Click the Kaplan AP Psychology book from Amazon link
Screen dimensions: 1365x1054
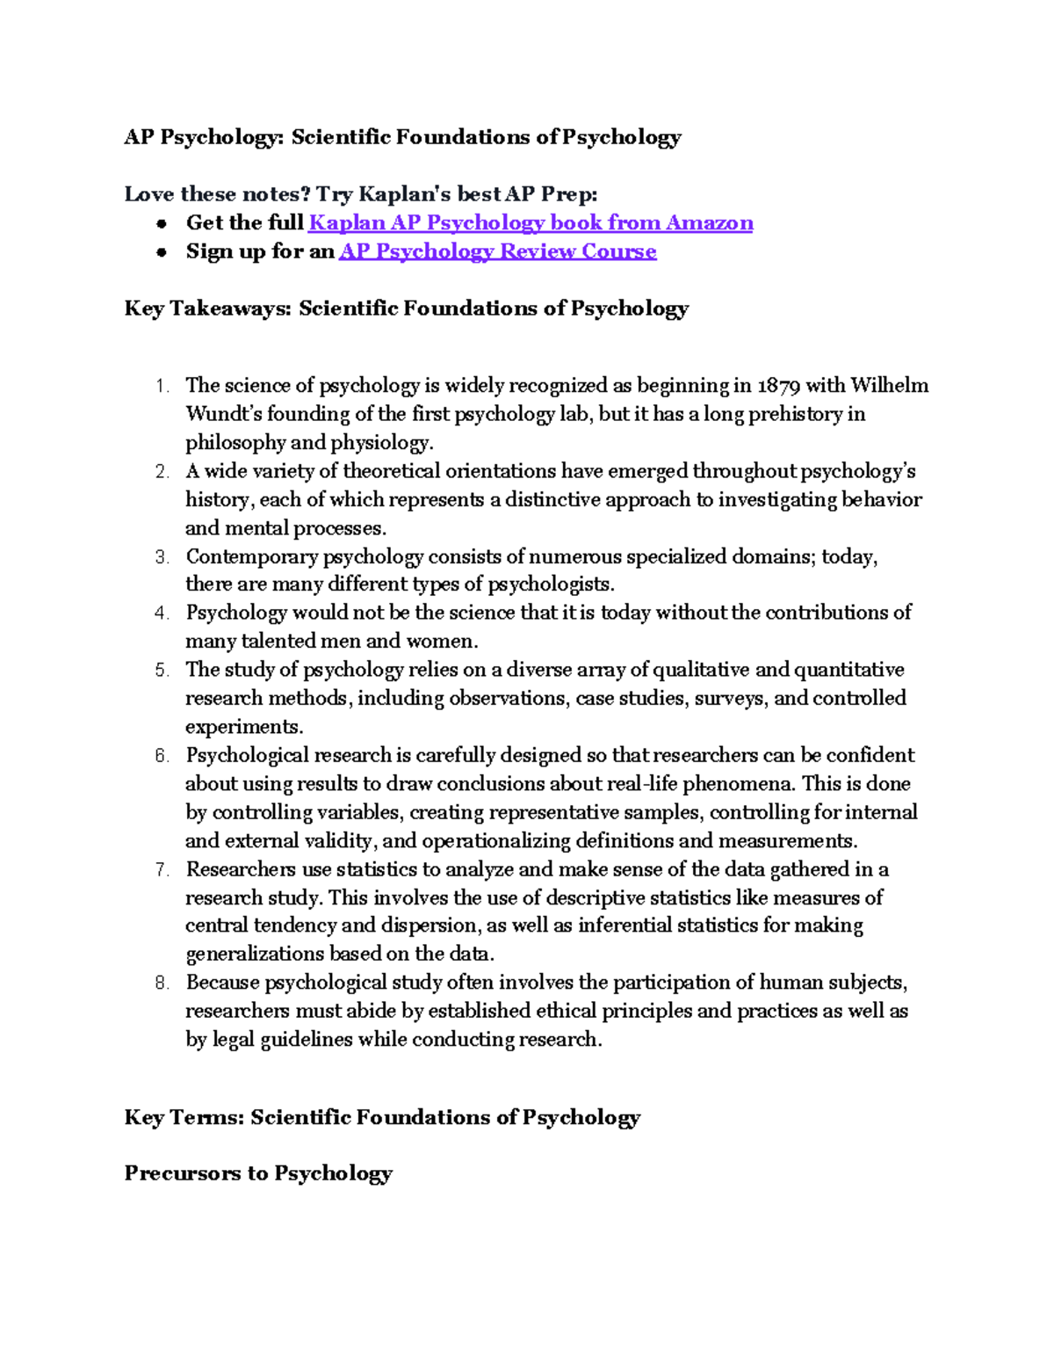point(531,223)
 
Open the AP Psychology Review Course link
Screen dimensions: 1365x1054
point(497,251)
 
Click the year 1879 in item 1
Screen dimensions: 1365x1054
point(778,386)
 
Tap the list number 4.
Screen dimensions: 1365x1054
point(162,614)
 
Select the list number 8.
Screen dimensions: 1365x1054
point(162,984)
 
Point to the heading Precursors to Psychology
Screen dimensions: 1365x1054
point(258,1173)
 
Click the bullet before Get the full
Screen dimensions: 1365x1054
point(162,224)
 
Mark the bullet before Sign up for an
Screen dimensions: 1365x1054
point(162,252)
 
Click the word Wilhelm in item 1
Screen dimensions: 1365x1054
point(889,386)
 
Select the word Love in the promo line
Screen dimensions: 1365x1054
point(148,194)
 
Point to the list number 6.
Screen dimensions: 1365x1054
point(162,756)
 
